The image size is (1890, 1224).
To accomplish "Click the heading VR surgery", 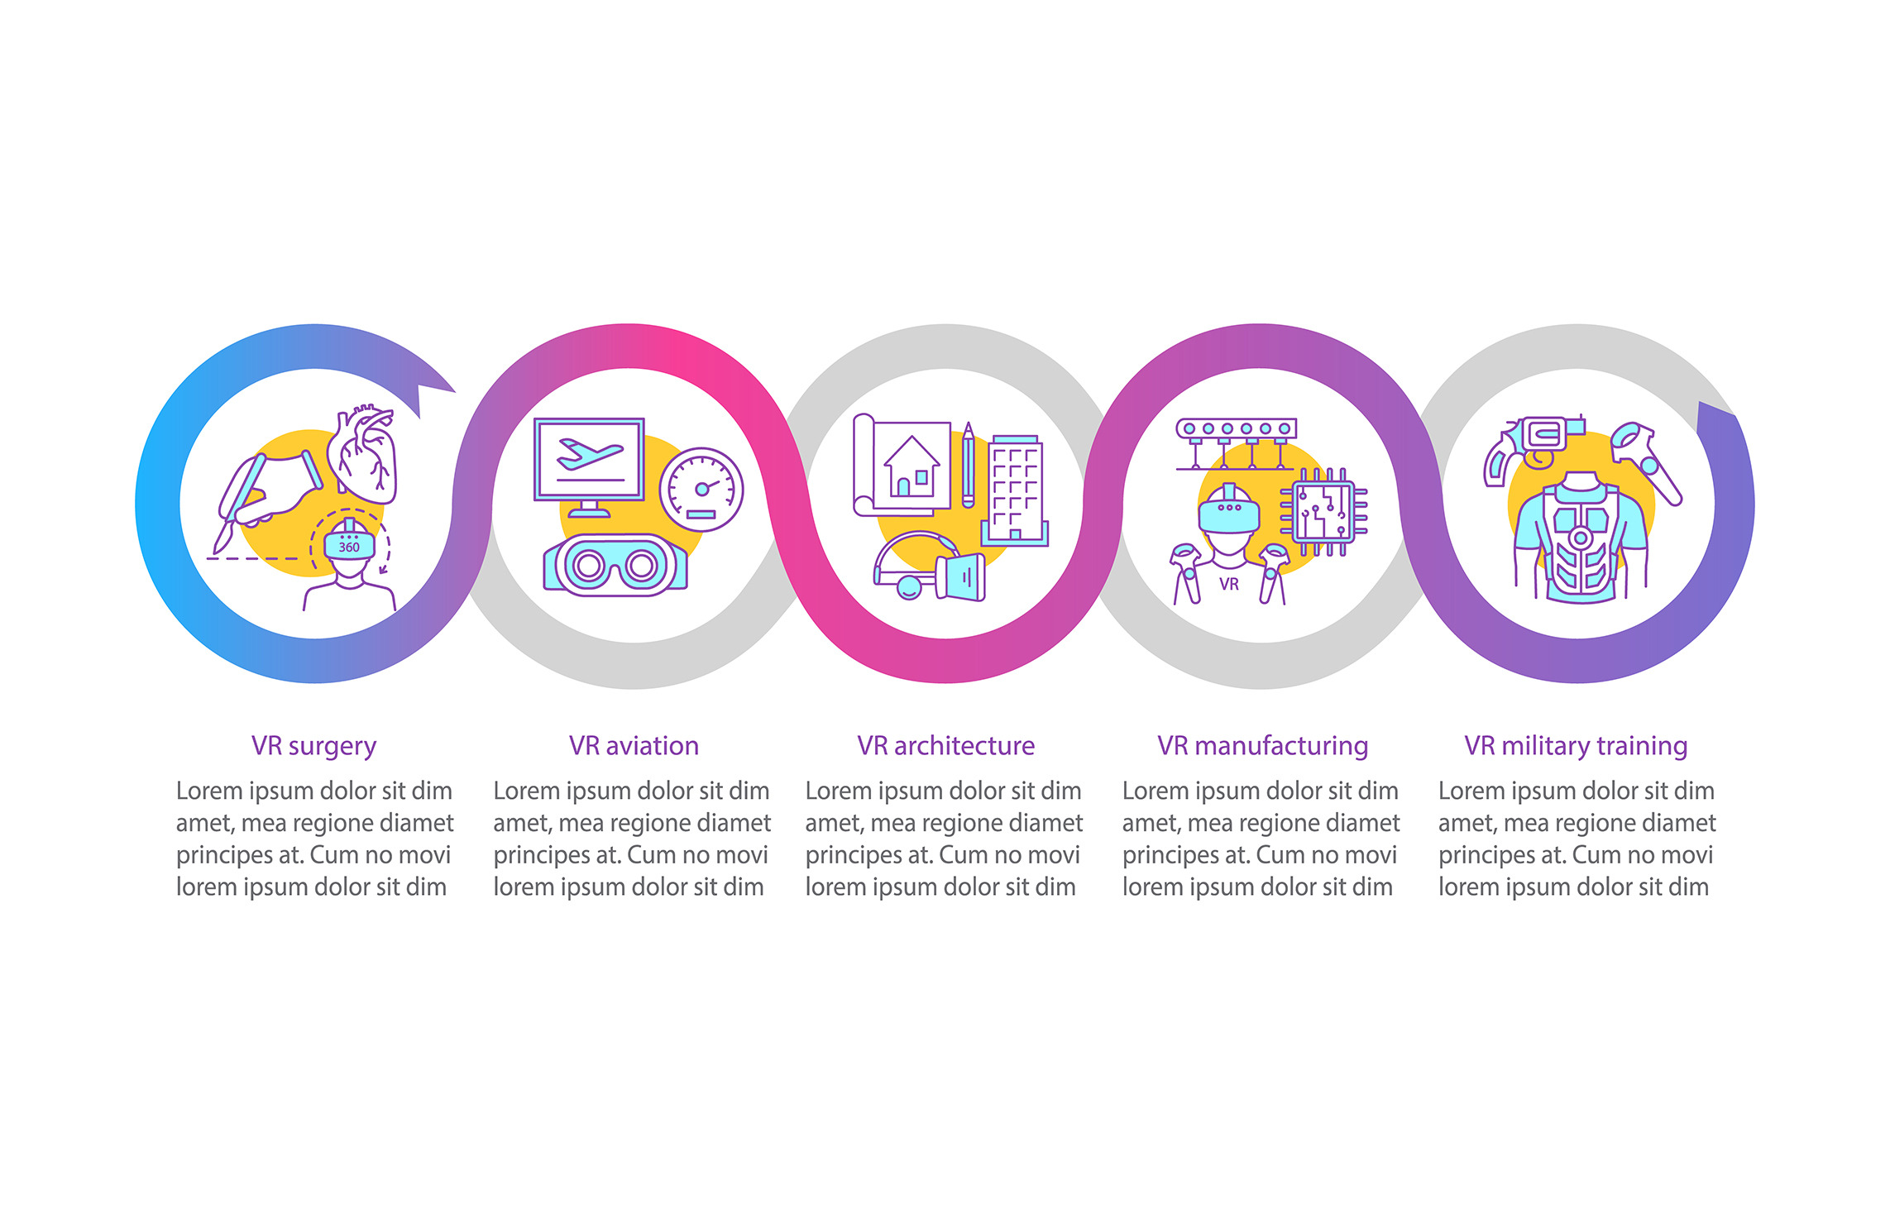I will (x=313, y=746).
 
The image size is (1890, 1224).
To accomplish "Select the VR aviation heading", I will (x=634, y=746).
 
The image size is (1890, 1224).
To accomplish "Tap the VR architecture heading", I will (x=945, y=746).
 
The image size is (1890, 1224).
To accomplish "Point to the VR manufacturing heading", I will (x=1262, y=746).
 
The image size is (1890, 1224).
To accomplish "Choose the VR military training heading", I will (x=1576, y=746).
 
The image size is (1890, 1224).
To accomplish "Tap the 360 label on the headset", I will (x=349, y=547).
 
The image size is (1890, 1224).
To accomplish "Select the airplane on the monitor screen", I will (x=589, y=453).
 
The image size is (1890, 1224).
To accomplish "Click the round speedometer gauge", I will (x=701, y=489).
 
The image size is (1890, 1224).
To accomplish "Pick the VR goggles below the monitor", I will (x=615, y=566).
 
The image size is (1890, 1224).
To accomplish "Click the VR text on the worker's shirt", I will (x=1229, y=584).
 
